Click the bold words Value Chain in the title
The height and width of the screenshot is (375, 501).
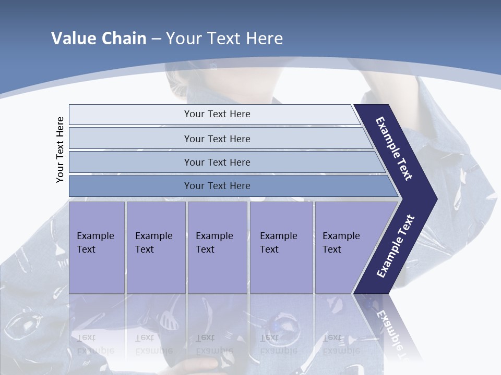[99, 39]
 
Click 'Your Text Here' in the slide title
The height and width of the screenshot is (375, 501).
[224, 39]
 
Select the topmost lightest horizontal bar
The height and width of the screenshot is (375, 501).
[130, 115]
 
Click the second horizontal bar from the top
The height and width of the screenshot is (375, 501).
[130, 139]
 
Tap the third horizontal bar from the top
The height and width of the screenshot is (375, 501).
[130, 162]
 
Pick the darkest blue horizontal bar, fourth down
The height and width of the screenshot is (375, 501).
[130, 186]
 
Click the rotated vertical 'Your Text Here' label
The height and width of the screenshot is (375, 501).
[60, 149]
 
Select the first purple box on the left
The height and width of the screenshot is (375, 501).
[97, 247]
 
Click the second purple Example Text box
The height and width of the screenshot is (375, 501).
[156, 247]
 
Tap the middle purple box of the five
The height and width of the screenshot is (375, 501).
[217, 247]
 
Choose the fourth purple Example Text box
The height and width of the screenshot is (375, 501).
[281, 247]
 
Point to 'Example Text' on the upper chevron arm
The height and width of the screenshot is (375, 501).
[394, 149]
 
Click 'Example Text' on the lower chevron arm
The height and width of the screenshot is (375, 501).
[395, 246]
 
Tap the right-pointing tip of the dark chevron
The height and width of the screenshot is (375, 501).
[433, 199]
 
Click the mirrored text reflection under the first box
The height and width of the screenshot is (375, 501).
[96, 344]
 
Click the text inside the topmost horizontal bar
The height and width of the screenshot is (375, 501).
[217, 114]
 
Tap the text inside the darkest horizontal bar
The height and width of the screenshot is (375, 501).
[217, 186]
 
